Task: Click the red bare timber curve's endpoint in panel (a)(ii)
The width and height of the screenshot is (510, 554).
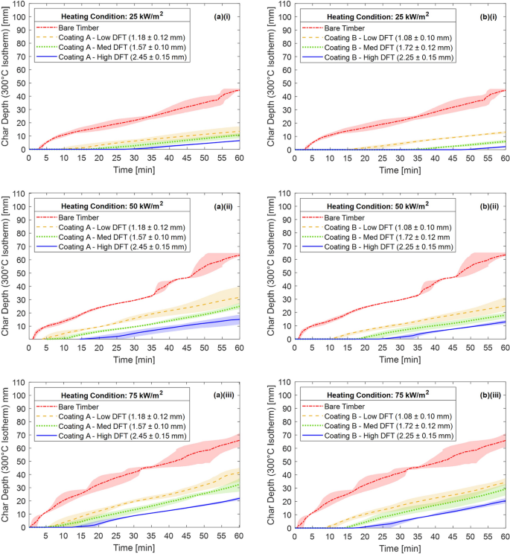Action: [239, 255]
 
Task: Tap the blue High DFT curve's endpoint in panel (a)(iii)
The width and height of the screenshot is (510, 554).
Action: [239, 499]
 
